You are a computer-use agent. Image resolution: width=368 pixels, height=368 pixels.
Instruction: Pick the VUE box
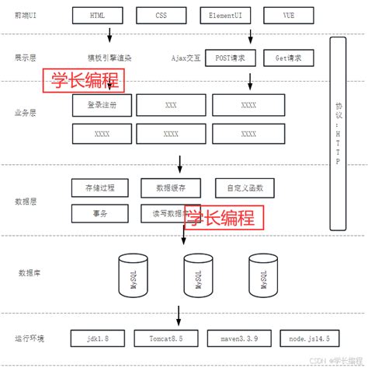coord(289,15)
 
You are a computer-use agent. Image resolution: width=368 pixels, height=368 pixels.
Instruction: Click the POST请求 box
coord(231,58)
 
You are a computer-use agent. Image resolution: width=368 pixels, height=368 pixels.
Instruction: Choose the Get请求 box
coord(289,58)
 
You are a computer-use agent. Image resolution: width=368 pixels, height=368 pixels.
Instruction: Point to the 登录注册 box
coord(102,105)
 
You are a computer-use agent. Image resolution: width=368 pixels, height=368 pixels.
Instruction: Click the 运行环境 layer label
coord(30,338)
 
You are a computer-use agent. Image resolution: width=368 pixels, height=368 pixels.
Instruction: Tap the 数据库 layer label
coord(30,273)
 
